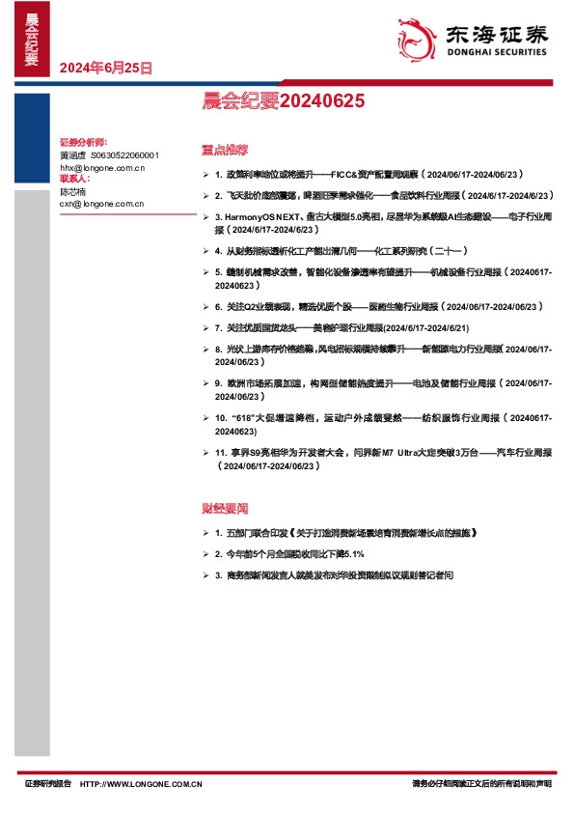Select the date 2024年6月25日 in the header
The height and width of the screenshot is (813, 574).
tap(105, 68)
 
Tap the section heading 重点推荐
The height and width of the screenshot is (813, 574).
tap(225, 151)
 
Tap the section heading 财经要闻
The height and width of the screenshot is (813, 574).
tap(225, 507)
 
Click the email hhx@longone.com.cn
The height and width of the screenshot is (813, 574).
tap(101, 168)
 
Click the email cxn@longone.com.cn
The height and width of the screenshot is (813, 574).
tap(101, 204)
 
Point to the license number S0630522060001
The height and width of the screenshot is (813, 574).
tap(124, 155)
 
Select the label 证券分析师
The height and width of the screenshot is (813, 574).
tap(83, 143)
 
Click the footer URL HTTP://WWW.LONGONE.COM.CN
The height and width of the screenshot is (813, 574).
tap(141, 784)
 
